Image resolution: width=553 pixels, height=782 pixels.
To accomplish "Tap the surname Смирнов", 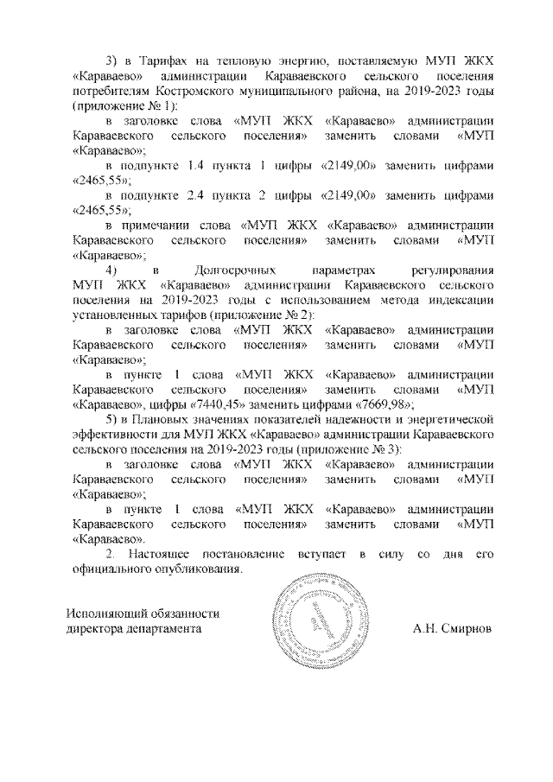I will (464, 629).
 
